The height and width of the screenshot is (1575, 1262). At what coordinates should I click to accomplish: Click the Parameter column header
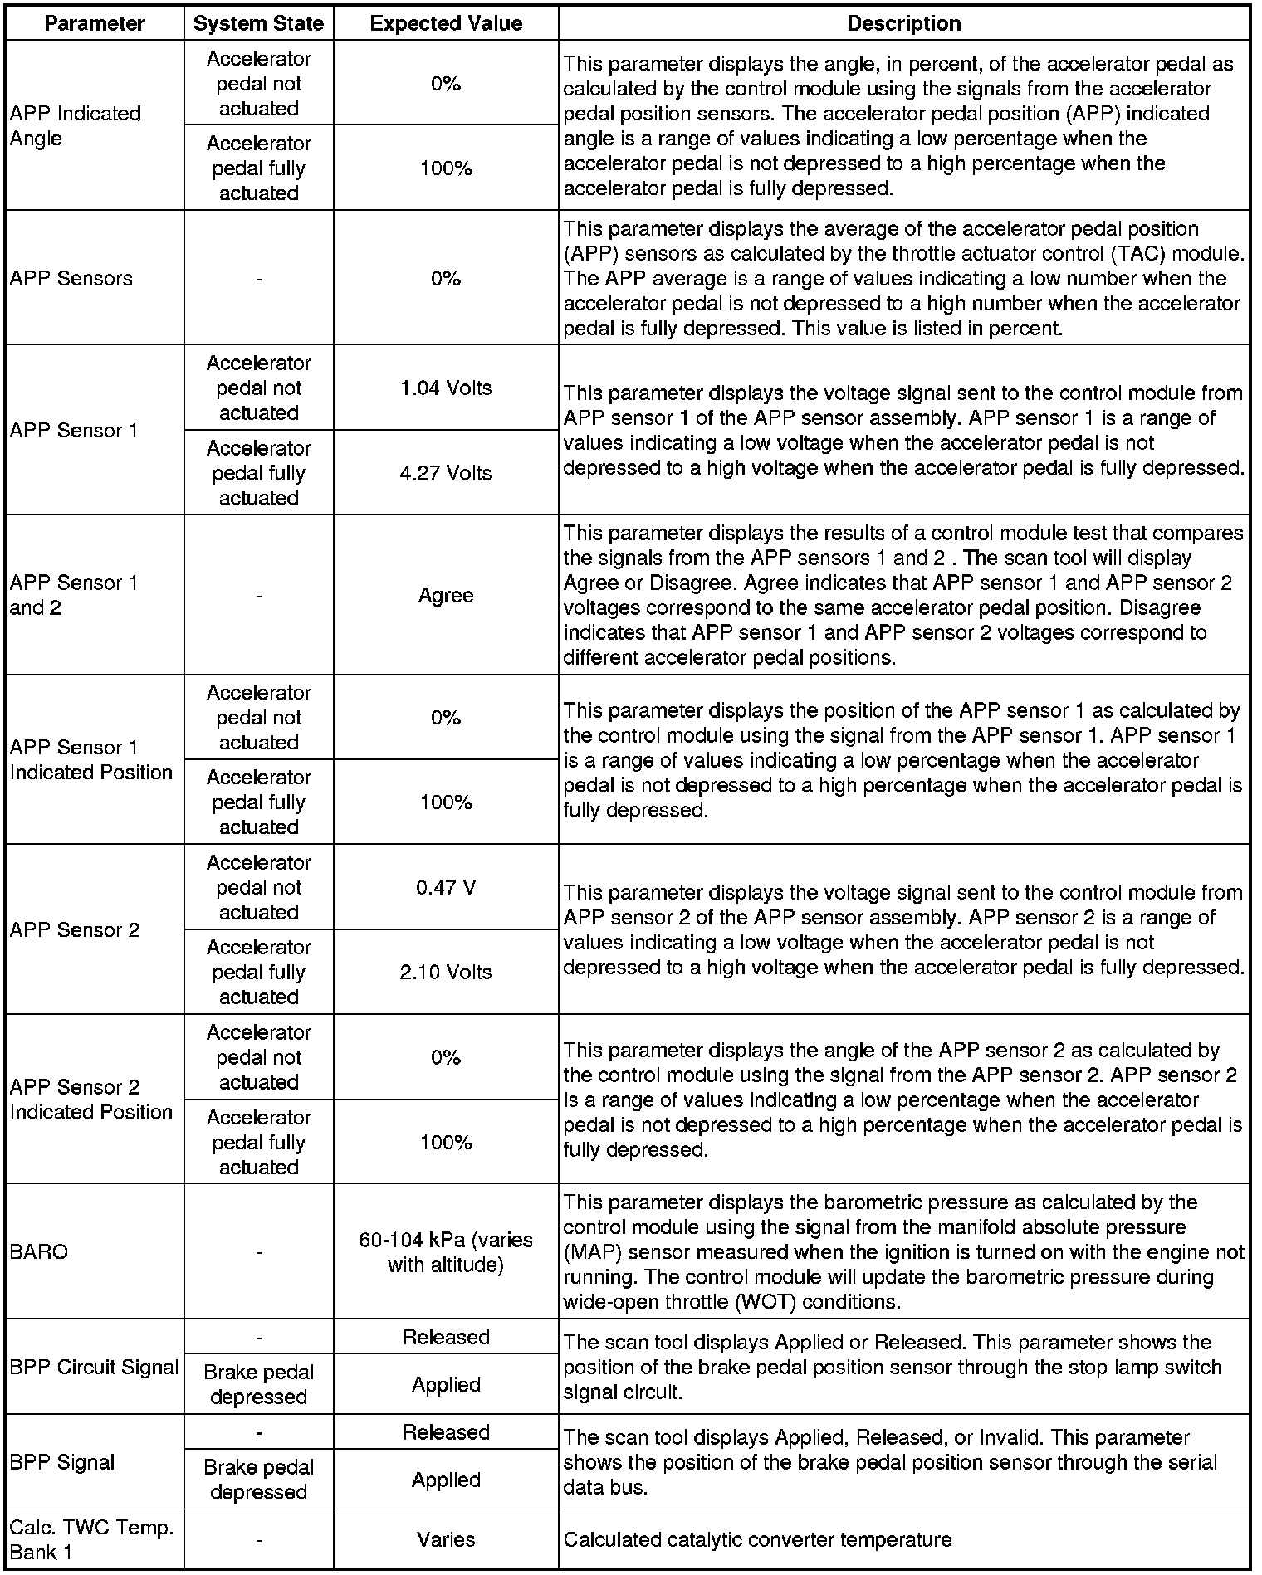[x=95, y=23]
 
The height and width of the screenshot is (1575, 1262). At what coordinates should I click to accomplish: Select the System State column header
[x=258, y=23]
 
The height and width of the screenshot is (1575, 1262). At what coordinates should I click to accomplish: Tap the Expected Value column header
[x=446, y=23]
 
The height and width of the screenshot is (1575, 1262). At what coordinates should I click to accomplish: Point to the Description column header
[x=903, y=23]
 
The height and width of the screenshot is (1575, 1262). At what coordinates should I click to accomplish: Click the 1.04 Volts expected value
[x=446, y=388]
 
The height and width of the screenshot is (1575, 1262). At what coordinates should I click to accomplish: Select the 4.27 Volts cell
[x=446, y=473]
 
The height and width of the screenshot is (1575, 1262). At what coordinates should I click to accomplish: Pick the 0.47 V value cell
[x=446, y=887]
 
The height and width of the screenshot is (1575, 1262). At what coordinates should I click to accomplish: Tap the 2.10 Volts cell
[x=446, y=972]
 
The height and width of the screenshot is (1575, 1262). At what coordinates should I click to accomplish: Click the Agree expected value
[x=446, y=595]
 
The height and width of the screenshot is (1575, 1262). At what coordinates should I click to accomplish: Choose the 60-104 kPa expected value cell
[x=446, y=1251]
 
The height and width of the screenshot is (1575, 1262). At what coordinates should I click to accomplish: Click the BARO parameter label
[x=38, y=1251]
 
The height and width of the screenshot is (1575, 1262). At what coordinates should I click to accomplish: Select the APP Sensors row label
[x=71, y=278]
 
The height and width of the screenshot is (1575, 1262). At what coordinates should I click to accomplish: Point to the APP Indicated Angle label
[x=75, y=126]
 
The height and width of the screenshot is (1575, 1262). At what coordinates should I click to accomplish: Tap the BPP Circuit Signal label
[x=94, y=1367]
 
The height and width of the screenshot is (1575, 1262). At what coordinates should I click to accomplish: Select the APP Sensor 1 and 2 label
[x=73, y=595]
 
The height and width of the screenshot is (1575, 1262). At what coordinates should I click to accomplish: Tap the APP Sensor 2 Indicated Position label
[x=90, y=1100]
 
